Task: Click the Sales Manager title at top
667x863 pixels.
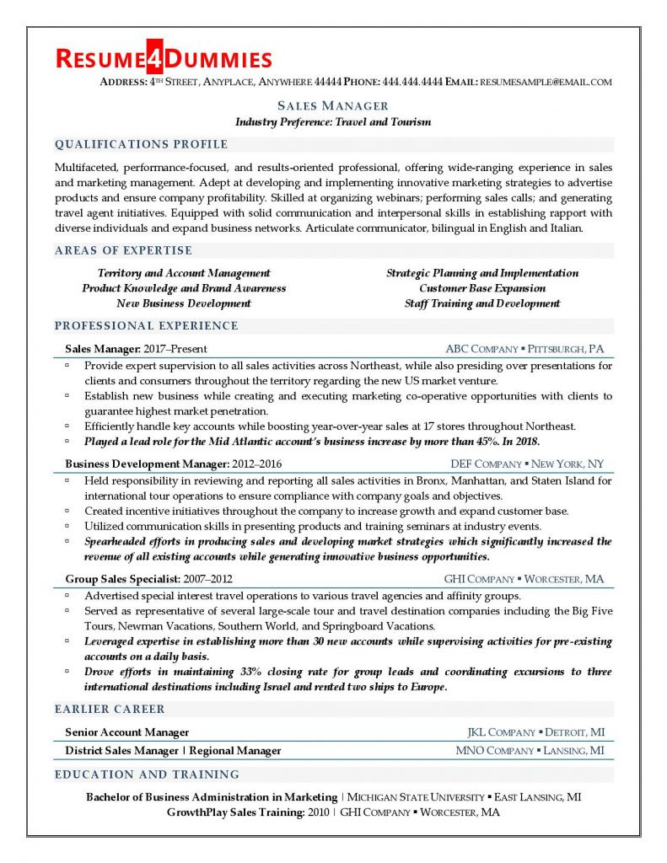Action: [333, 106]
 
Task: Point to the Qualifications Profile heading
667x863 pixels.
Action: [141, 144]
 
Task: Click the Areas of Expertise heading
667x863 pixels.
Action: [123, 250]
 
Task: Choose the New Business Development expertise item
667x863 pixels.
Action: [184, 303]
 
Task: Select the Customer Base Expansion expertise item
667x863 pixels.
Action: [482, 288]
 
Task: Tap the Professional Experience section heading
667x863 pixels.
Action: [146, 326]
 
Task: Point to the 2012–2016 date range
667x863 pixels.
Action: [257, 464]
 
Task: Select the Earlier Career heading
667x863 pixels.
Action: [110, 709]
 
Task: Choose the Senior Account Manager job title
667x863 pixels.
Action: [127, 732]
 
